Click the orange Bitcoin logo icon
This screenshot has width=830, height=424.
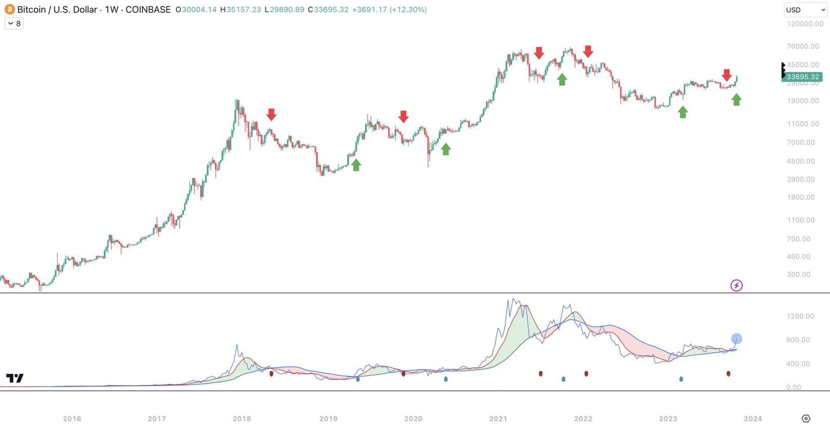[x=9, y=9]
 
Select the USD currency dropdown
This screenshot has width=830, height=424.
[x=805, y=10]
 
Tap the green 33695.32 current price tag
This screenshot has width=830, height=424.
[x=802, y=77]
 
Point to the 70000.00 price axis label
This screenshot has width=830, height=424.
[x=803, y=46]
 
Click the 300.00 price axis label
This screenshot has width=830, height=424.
[x=798, y=274]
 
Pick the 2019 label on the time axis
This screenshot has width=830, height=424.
[x=328, y=418]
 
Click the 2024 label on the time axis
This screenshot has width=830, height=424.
[x=753, y=418]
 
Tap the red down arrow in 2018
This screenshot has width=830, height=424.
[x=271, y=115]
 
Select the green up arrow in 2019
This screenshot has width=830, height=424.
[x=356, y=164]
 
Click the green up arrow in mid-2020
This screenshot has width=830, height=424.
[x=446, y=149]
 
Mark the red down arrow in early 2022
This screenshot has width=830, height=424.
[x=588, y=51]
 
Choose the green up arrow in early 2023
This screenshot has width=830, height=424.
[x=682, y=112]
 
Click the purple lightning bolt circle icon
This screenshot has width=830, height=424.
[x=736, y=285]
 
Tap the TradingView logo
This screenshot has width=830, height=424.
[x=15, y=378]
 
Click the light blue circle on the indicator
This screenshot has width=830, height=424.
[x=736, y=338]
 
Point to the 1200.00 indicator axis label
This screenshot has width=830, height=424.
[x=800, y=316]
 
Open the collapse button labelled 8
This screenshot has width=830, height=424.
[x=14, y=24]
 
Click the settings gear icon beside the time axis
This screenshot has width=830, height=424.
[x=805, y=418]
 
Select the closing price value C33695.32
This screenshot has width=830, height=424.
[x=328, y=10]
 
